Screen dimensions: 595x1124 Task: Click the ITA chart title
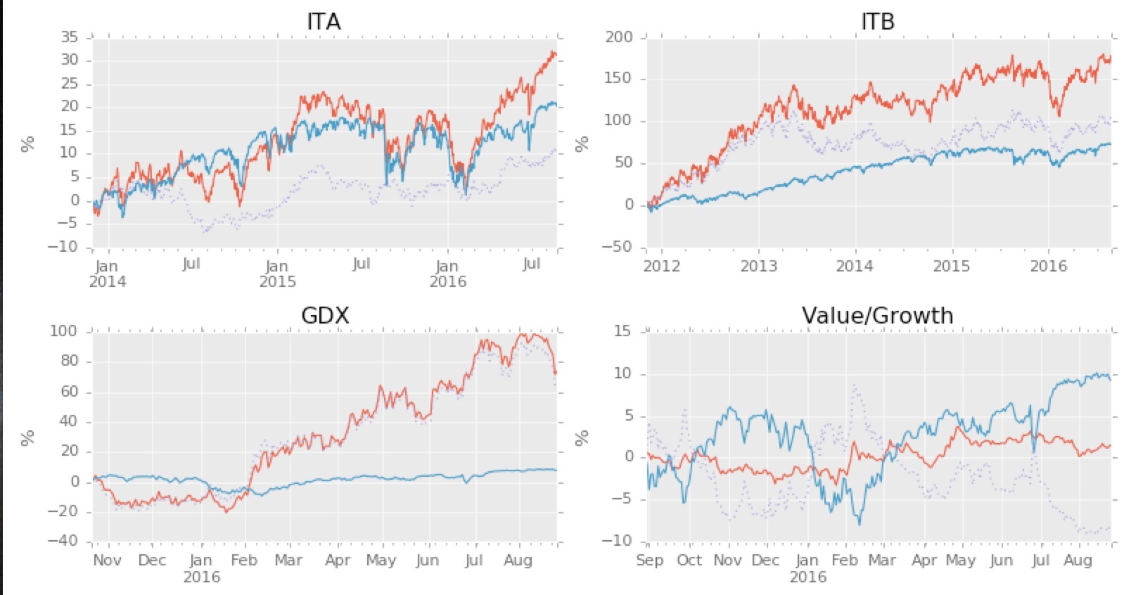tap(324, 21)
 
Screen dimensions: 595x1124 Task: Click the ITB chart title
tap(877, 21)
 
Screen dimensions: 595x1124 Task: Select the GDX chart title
tap(324, 315)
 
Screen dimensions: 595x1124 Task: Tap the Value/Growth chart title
tap(877, 315)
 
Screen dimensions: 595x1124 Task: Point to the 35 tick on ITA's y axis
tap(69, 37)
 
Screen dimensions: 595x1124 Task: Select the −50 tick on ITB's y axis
tap(616, 247)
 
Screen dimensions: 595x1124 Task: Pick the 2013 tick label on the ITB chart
tap(758, 266)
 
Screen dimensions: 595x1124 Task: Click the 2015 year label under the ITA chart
tap(277, 281)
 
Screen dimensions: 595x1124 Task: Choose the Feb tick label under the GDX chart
tap(244, 561)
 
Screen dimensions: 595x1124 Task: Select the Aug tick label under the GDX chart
tap(518, 561)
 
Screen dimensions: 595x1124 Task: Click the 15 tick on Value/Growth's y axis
tap(622, 331)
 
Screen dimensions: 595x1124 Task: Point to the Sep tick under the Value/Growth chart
tap(649, 561)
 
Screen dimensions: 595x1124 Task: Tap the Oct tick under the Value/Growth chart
tap(689, 561)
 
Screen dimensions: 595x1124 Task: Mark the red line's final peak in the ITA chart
tap(554, 52)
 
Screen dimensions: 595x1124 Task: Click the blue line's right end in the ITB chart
tap(1110, 144)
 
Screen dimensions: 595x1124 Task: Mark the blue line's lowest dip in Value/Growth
tap(859, 524)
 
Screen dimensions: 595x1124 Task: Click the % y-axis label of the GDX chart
tap(27, 438)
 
